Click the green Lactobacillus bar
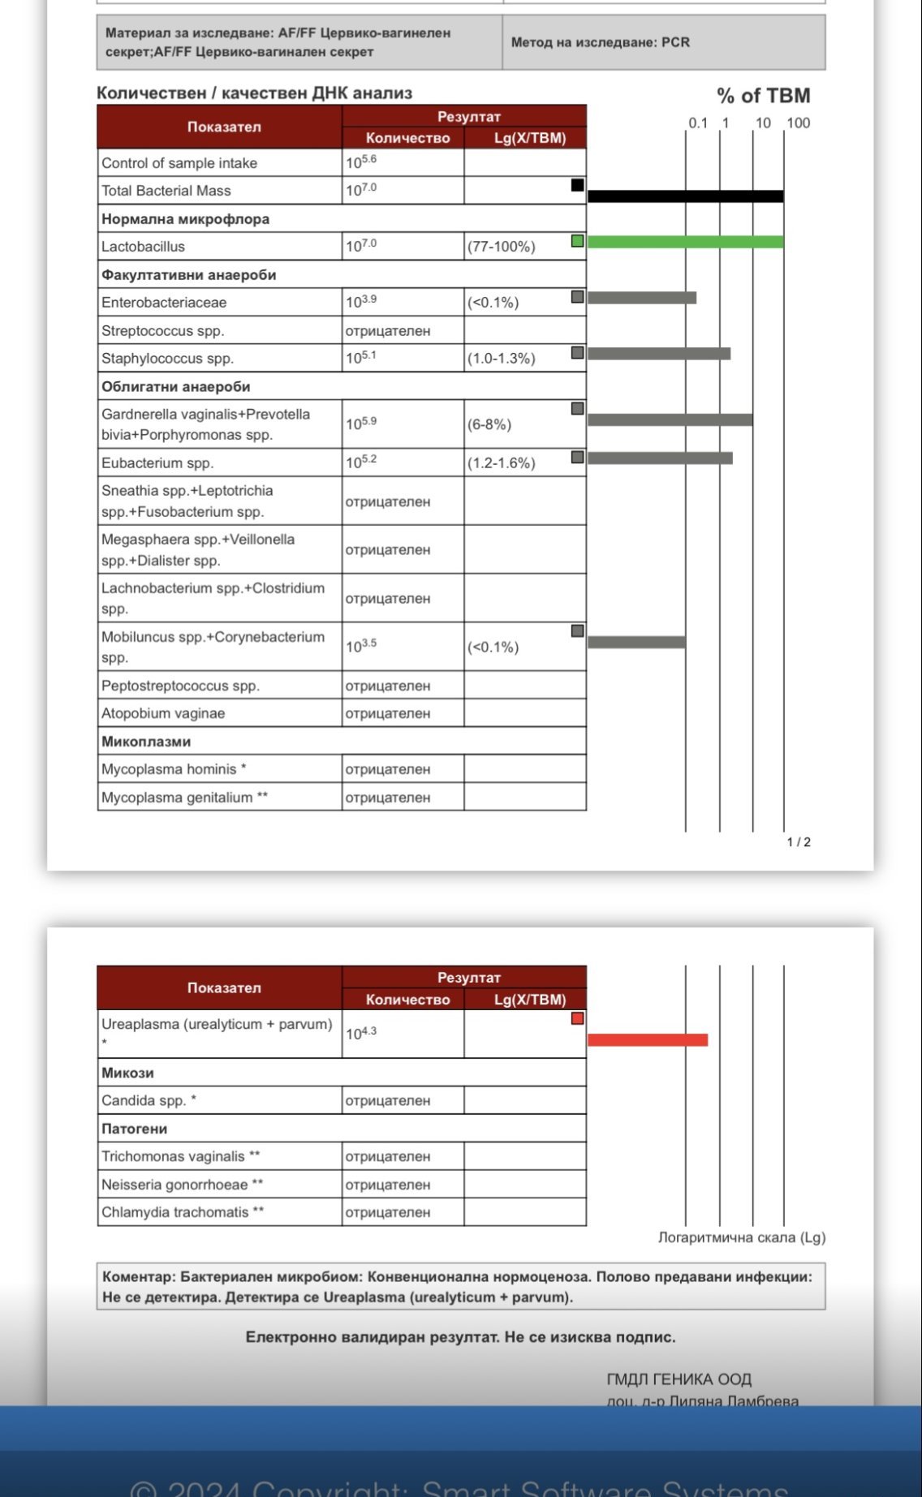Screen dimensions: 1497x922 pyautogui.click(x=685, y=242)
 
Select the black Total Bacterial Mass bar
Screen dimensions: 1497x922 pyautogui.click(x=685, y=196)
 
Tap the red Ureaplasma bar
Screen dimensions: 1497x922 pyautogui.click(x=648, y=1040)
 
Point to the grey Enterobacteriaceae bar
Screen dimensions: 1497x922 pyautogui.click(x=642, y=298)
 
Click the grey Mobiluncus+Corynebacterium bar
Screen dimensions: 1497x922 pyautogui.click(x=636, y=643)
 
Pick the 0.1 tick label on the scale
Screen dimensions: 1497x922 pyautogui.click(x=698, y=123)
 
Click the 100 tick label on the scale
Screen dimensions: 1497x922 pyautogui.click(x=799, y=123)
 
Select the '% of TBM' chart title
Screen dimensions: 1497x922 pyautogui.click(x=763, y=96)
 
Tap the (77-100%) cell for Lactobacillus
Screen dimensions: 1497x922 pyautogui.click(x=501, y=247)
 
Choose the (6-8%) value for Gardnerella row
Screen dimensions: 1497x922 pyautogui.click(x=489, y=424)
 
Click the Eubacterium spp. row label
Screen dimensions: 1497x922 pyautogui.click(x=157, y=463)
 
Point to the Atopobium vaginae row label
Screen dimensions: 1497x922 pyautogui.click(x=163, y=714)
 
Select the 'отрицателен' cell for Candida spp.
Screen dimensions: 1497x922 pyautogui.click(x=388, y=1101)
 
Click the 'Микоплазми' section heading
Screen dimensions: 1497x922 pyautogui.click(x=146, y=742)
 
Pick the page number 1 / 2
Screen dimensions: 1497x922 pyautogui.click(x=799, y=842)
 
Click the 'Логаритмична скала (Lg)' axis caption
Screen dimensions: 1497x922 pyautogui.click(x=741, y=1237)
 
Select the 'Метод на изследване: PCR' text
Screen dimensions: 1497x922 pyautogui.click(x=600, y=42)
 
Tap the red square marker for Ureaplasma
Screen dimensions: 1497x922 pyautogui.click(x=577, y=1018)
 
